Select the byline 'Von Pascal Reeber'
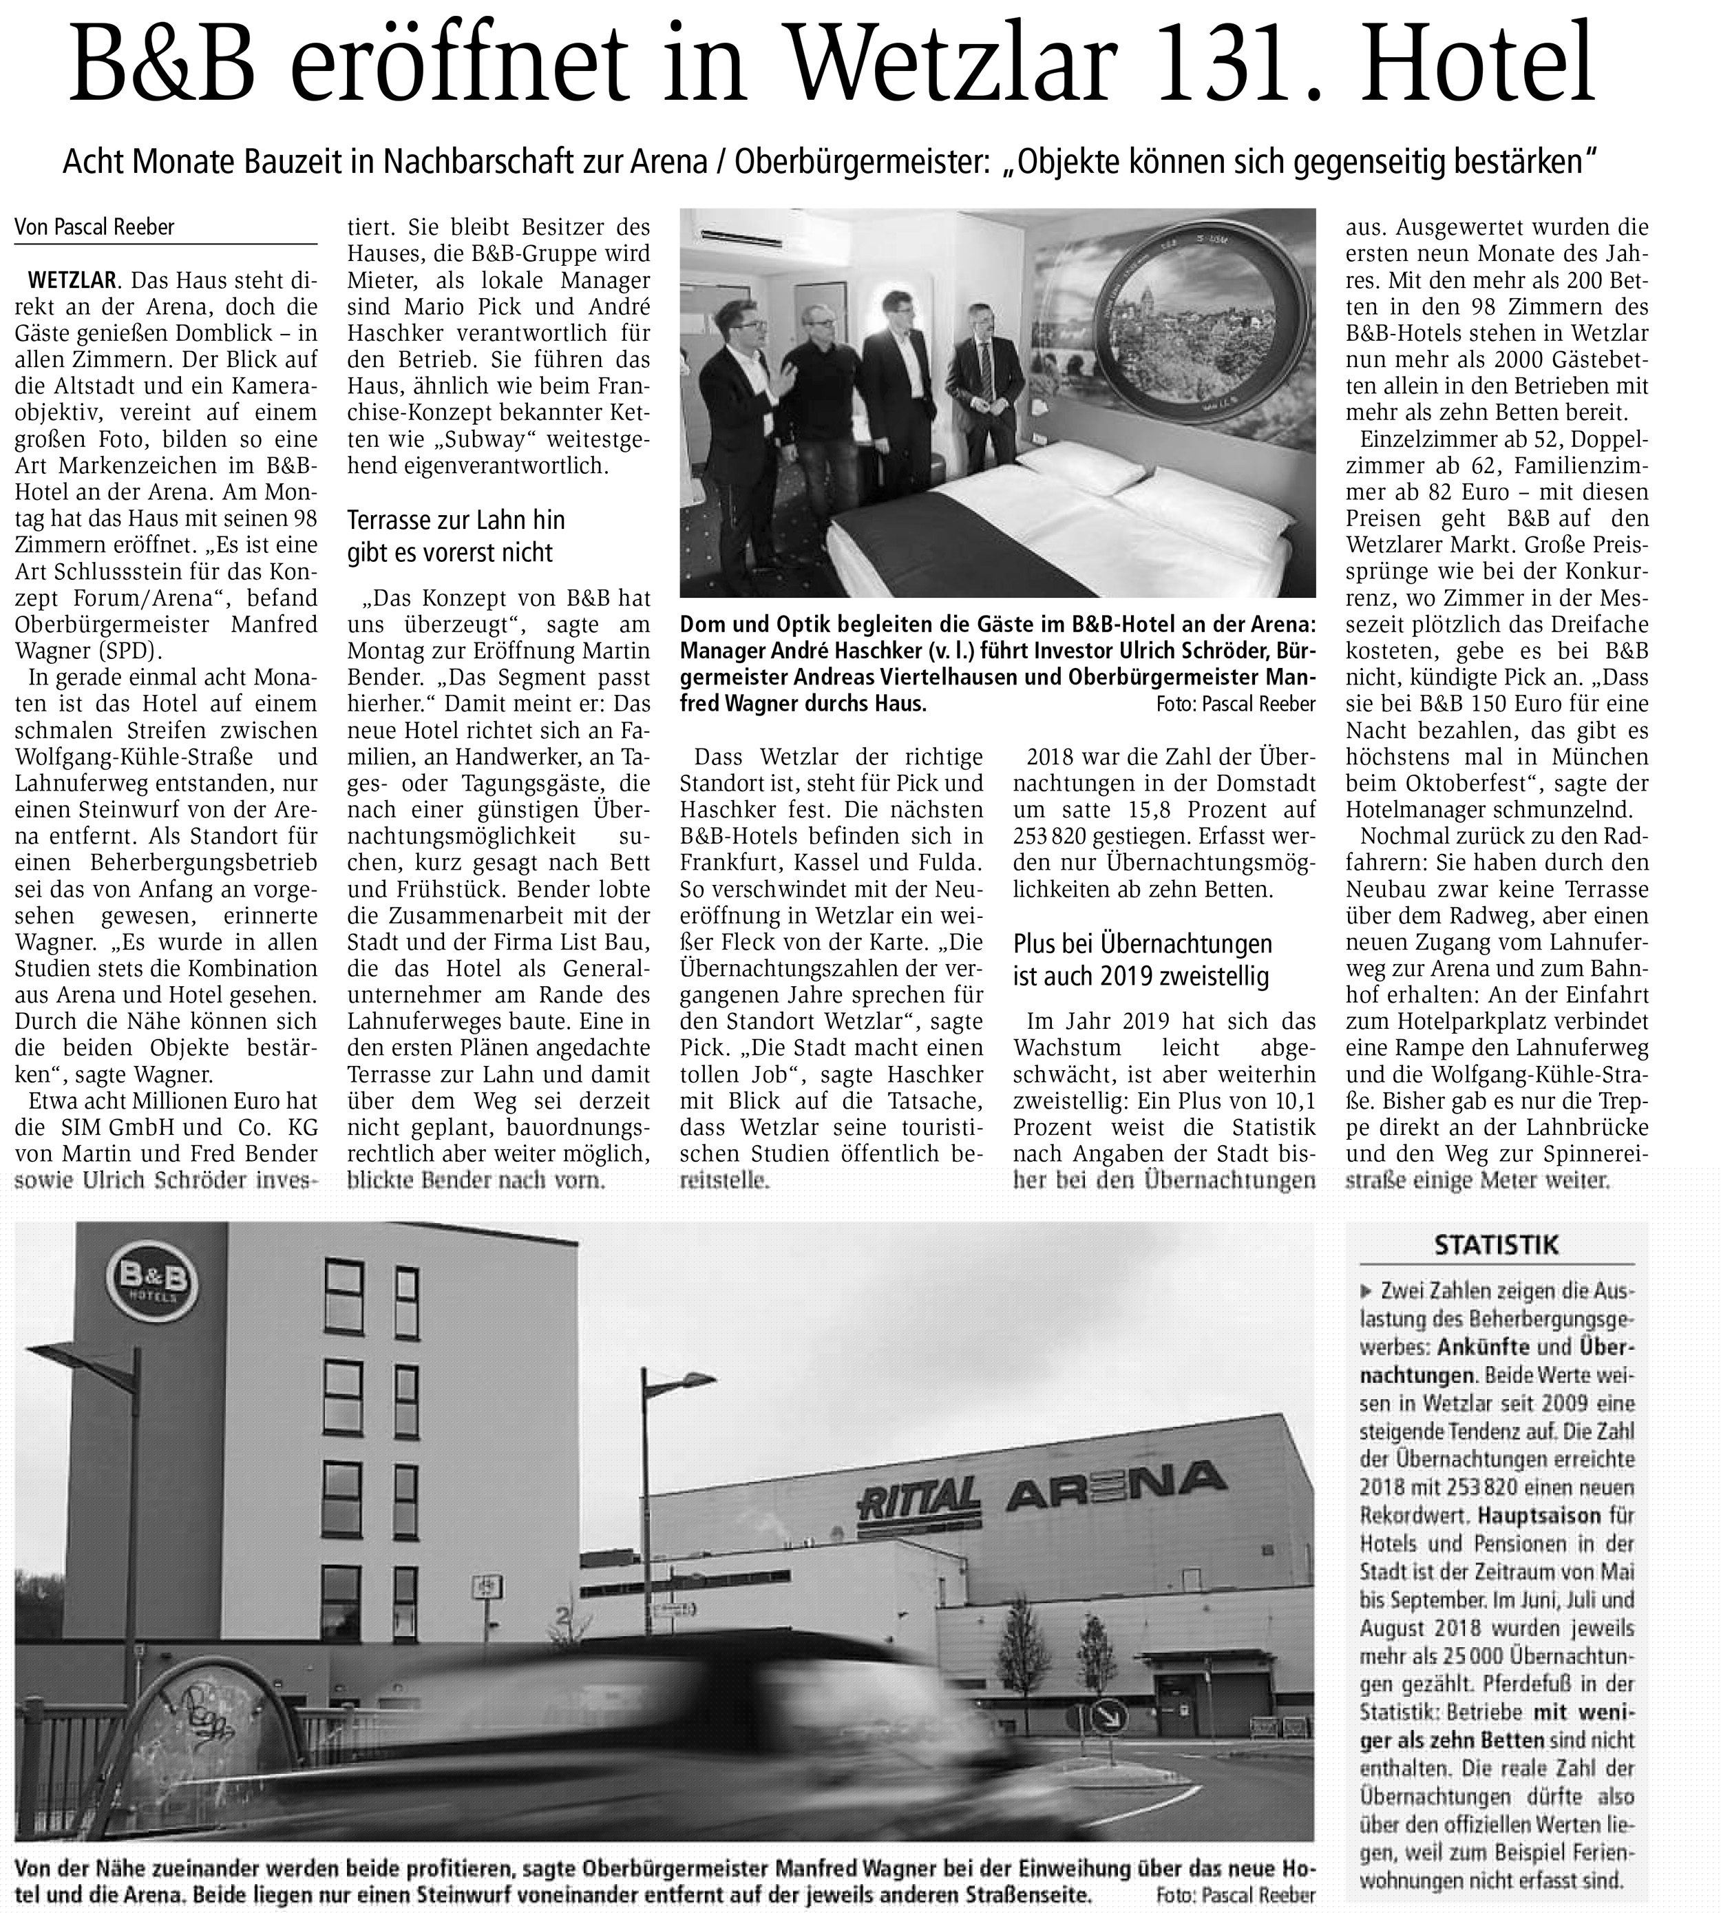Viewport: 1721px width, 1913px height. tap(94, 227)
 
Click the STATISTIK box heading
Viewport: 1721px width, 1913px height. tap(1496, 1244)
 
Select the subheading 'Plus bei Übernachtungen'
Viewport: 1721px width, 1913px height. tap(1142, 944)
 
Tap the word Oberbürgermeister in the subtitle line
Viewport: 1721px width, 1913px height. tap(851, 163)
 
